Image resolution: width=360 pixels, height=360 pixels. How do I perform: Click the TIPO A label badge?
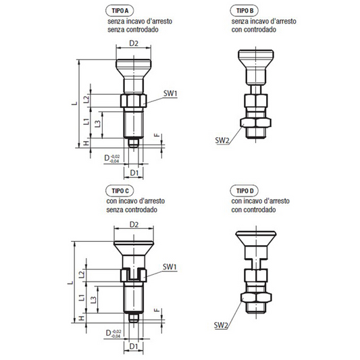pyautogui.click(x=120, y=11)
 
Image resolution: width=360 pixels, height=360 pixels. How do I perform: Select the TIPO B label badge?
pyautogui.click(x=245, y=11)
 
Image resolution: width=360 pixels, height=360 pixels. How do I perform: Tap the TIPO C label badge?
pyautogui.click(x=120, y=190)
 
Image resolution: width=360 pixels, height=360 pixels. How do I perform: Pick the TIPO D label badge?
pyautogui.click(x=245, y=190)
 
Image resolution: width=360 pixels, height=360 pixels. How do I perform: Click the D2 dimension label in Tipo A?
pyautogui.click(x=134, y=43)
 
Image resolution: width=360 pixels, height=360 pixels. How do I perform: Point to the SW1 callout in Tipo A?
pyautogui.click(x=170, y=93)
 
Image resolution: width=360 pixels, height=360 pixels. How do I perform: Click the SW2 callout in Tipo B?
pyautogui.click(x=222, y=140)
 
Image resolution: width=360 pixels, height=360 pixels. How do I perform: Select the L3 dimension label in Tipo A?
pyautogui.click(x=98, y=124)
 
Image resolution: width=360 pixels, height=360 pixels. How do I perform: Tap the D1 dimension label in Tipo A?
pyautogui.click(x=134, y=173)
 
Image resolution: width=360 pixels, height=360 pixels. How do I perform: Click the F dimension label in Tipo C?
pyautogui.click(x=157, y=311)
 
